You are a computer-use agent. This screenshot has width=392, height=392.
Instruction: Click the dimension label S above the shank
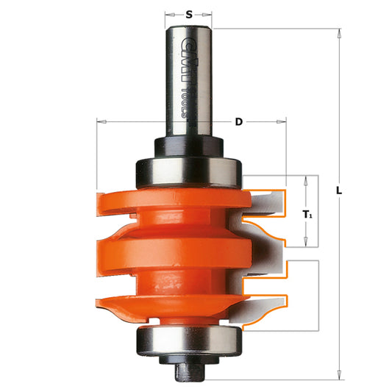189,13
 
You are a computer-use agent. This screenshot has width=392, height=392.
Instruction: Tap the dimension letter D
238,121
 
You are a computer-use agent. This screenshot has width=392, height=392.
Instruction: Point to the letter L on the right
339,189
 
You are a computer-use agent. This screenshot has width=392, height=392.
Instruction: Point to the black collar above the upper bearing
189,145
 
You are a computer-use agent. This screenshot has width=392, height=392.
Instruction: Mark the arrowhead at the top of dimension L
339,32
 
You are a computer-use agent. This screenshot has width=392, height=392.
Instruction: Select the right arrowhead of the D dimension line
282,121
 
